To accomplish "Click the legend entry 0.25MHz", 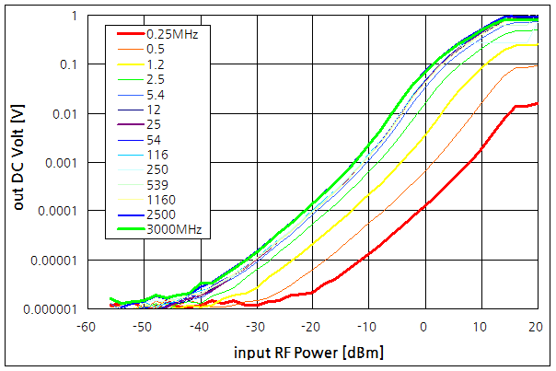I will point(172,33).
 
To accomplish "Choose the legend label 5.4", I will point(156,94).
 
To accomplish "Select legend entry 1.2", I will point(156,64).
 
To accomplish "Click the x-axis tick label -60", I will point(86,326).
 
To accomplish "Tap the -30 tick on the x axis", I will point(254,326).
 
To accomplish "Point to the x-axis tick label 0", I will point(424,326).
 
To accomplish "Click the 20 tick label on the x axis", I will point(537,326).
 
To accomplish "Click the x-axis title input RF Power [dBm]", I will point(310,353).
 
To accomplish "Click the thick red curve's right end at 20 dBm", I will point(537,103).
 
